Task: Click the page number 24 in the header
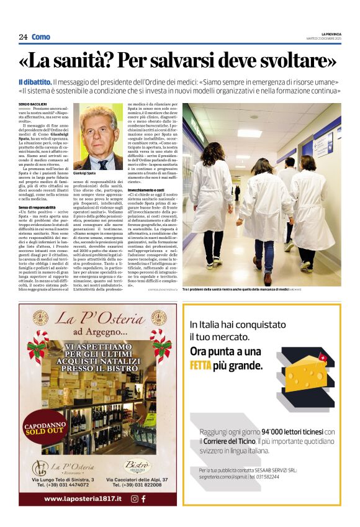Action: tap(23, 37)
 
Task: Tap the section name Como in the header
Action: tap(40, 37)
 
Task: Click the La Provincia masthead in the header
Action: tap(330, 34)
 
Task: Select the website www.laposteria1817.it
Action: tap(79, 498)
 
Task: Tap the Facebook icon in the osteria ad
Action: tap(143, 498)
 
